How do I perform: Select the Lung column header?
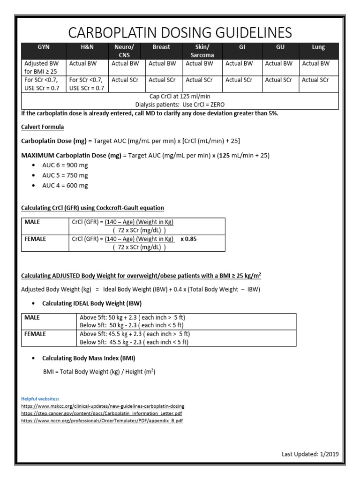[318, 47]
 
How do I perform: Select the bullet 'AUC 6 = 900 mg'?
[65, 165]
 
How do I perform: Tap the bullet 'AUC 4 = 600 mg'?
[65, 185]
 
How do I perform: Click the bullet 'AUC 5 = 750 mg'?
[65, 175]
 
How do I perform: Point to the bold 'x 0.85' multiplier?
[189, 239]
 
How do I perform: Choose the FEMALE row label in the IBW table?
[35, 334]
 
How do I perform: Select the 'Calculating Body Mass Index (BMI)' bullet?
[89, 358]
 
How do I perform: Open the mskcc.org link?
[103, 406]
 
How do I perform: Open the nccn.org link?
[102, 421]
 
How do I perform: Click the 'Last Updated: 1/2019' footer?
[310, 454]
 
